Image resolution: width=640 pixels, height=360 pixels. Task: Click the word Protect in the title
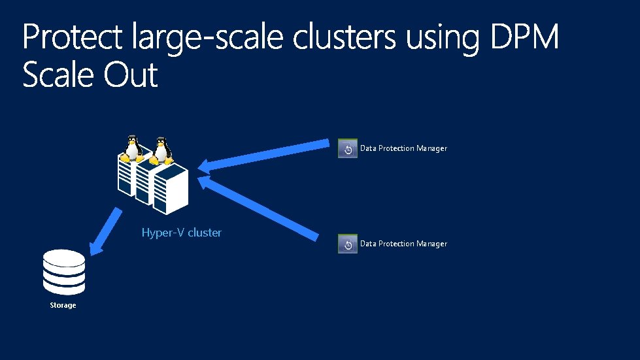71,39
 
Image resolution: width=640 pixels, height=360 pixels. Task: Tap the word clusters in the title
345,39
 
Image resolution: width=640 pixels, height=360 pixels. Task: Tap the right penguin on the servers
160,150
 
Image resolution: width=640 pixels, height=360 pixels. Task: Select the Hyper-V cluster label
182,233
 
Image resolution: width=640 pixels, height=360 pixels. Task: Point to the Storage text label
63,305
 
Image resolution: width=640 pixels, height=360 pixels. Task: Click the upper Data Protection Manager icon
348,148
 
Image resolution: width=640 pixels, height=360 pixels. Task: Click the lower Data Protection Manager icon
348,244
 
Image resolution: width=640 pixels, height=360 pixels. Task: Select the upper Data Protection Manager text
403,148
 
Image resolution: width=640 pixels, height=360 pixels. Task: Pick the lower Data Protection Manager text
403,244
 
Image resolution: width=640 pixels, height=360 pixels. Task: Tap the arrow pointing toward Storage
105,231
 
